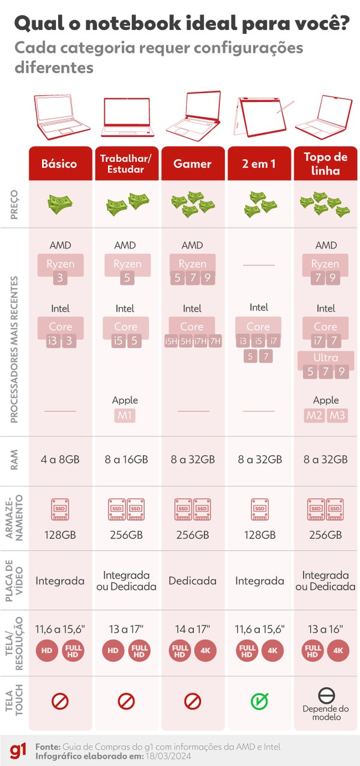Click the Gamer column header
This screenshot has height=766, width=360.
click(x=193, y=163)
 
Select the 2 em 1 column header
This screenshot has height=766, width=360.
click(x=259, y=163)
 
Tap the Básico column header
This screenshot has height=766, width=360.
click(x=59, y=163)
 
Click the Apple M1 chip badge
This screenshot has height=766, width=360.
click(x=125, y=415)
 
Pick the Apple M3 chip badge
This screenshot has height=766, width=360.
click(x=337, y=415)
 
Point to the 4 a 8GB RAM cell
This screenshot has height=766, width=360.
click(x=60, y=459)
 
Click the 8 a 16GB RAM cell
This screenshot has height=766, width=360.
click(x=126, y=459)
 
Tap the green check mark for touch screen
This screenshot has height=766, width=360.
click(x=259, y=701)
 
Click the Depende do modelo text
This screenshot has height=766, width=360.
click(x=326, y=713)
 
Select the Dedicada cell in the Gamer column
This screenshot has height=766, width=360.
click(x=193, y=581)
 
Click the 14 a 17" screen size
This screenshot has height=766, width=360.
click(x=193, y=629)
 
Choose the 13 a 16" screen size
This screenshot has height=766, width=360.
click(x=325, y=629)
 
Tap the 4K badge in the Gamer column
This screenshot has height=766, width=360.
click(x=205, y=650)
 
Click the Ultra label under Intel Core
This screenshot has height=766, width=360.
click(x=325, y=358)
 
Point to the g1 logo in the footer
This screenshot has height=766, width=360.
click(x=18, y=752)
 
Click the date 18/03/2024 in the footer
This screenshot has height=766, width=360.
click(x=168, y=756)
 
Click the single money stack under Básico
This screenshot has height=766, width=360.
click(x=60, y=204)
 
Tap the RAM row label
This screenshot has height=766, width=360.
click(x=14, y=460)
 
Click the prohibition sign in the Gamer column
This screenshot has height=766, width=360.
click(x=193, y=701)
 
